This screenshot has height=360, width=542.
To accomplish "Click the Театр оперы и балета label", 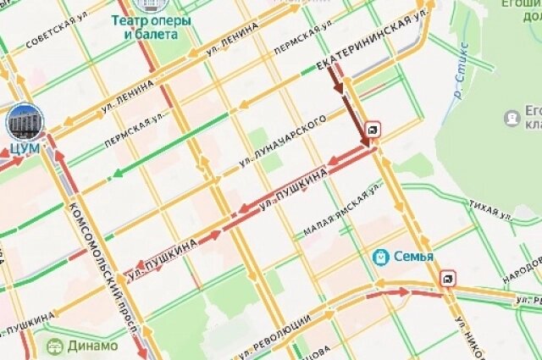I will coord(151,27).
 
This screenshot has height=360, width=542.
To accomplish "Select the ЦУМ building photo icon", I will coord(25,123).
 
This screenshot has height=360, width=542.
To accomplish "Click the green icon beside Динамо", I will coord(55,346).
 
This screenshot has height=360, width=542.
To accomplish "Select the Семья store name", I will coord(415,257).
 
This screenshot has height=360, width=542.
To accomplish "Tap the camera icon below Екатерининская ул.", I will coord(373,129).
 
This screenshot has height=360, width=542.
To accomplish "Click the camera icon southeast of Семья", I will coord(446,278).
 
